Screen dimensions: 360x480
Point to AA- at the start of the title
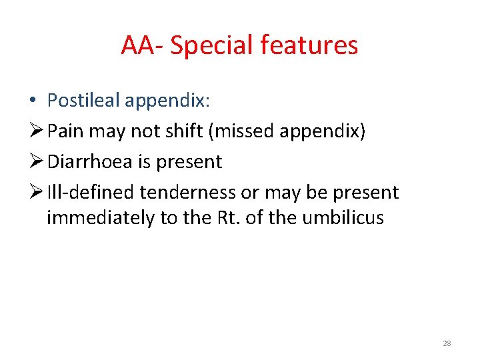(x=143, y=45)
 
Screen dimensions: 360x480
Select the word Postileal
(x=83, y=101)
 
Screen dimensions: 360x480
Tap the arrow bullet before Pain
(x=37, y=131)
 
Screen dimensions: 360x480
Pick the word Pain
(x=65, y=131)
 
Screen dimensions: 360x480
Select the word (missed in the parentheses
(x=240, y=131)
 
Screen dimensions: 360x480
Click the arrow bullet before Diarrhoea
(x=37, y=162)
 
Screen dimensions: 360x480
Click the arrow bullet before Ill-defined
(x=37, y=193)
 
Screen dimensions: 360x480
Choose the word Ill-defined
(x=91, y=193)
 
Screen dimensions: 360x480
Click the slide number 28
(x=447, y=344)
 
